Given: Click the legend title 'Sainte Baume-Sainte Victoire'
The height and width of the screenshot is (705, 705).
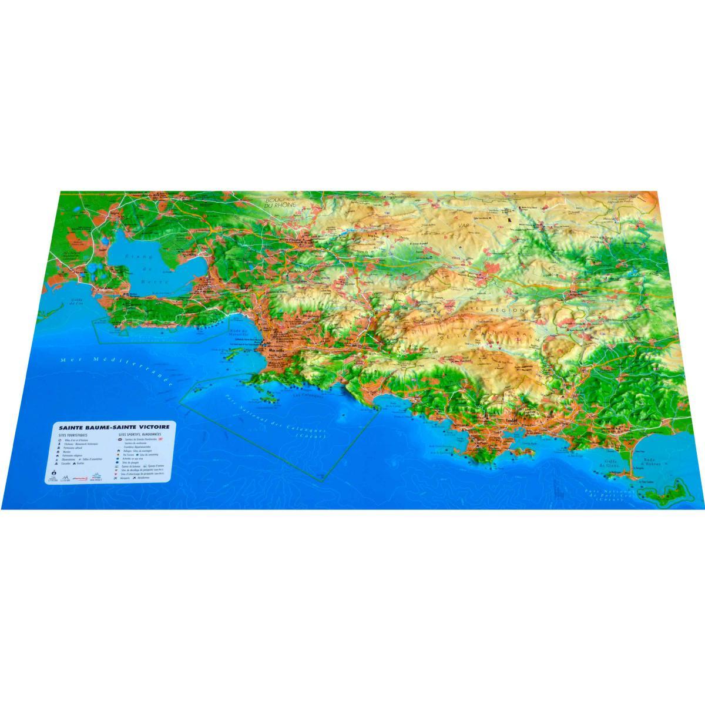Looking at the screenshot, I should point(112,428).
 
